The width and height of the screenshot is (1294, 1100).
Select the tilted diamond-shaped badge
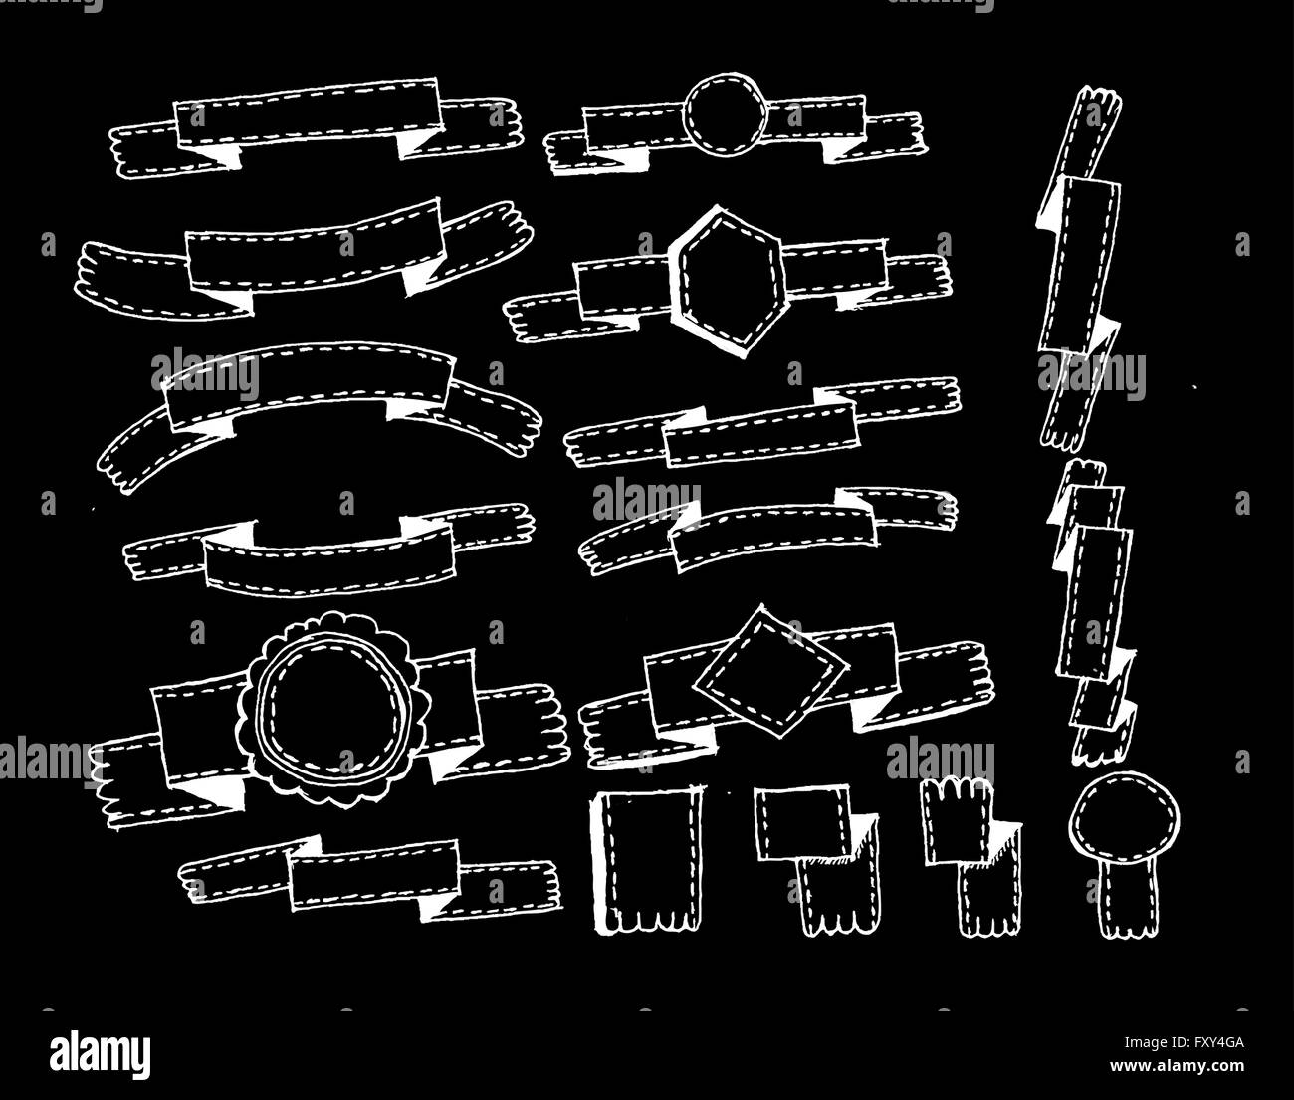click(x=770, y=672)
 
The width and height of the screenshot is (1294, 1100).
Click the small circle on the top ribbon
click(x=726, y=114)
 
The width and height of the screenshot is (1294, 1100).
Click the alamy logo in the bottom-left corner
click(x=101, y=1053)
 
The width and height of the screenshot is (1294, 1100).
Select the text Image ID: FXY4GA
click(x=1184, y=1042)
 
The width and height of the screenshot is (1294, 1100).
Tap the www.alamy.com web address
click(x=1177, y=1065)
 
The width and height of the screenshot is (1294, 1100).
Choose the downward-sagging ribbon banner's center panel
click(x=329, y=555)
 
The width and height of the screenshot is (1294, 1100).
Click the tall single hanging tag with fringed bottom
click(x=648, y=861)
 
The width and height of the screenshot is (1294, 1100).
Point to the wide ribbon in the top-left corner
click(x=317, y=127)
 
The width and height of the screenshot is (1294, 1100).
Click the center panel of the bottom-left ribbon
click(x=373, y=874)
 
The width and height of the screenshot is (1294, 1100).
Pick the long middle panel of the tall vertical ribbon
click(x=1080, y=264)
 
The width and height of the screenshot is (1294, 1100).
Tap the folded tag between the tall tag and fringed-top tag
click(x=817, y=861)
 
